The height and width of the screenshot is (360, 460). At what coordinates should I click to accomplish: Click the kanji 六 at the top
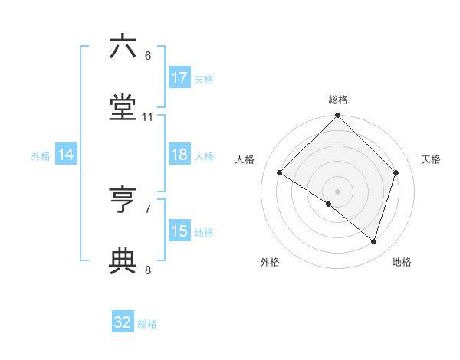(x=123, y=47)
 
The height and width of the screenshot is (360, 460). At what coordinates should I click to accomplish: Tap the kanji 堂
(x=123, y=109)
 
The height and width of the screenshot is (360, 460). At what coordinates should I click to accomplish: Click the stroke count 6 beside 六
(x=147, y=56)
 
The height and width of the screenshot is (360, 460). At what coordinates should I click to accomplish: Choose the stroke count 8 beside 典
(x=147, y=270)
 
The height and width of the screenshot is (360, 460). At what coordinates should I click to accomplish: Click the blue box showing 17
(x=179, y=78)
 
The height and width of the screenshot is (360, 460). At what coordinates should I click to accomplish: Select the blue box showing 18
(x=179, y=155)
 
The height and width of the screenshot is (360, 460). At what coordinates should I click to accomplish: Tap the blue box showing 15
(x=179, y=231)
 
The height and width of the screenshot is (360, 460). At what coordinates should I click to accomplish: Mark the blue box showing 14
(x=66, y=155)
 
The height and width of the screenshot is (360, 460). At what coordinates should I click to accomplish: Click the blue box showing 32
(x=123, y=322)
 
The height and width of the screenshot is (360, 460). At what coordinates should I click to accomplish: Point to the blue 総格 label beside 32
(x=148, y=324)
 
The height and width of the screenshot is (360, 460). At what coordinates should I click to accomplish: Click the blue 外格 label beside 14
(x=41, y=156)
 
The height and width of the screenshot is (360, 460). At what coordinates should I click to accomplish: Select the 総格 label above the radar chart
(x=338, y=100)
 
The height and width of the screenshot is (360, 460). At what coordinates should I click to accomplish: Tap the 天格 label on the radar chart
(x=432, y=159)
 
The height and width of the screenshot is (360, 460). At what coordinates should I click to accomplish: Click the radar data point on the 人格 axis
(x=280, y=173)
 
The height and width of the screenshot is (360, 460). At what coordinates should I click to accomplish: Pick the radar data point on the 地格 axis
(x=374, y=241)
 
